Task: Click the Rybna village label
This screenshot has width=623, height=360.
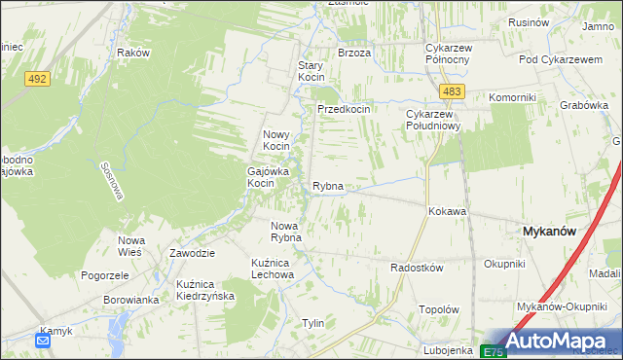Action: point(328,186)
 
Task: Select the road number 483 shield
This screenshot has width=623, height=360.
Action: point(450,90)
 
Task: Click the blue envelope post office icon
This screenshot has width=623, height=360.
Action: point(44,341)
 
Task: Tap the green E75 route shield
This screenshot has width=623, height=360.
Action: point(494,351)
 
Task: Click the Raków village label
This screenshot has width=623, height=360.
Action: point(132,53)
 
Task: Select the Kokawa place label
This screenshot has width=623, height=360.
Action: point(447,211)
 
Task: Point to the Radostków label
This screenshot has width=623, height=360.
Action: point(417,268)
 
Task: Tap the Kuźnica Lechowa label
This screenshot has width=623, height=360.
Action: point(273,269)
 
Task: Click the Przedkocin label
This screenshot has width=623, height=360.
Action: point(344,110)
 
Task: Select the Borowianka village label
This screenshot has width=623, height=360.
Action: point(131,300)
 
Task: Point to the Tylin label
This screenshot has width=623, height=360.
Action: point(312,323)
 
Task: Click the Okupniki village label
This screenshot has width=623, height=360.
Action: point(504,264)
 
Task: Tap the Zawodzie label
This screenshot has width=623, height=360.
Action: point(192,253)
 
